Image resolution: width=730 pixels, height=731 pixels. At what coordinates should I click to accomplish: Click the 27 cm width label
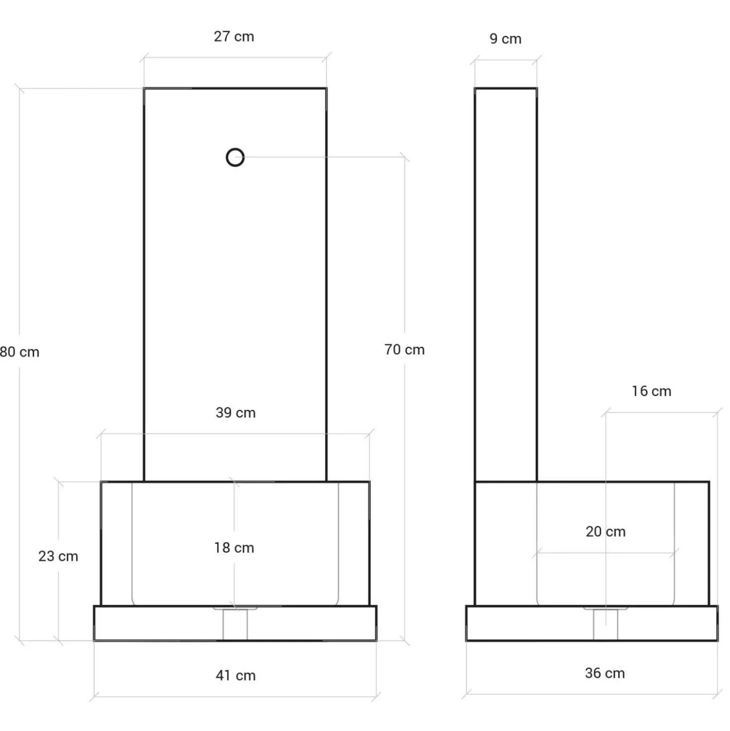[234, 37]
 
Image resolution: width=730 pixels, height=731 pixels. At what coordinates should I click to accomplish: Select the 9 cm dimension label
[506, 39]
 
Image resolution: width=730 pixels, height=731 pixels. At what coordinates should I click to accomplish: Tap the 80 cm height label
[19, 352]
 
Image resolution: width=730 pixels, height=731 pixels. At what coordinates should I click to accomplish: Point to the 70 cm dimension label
[404, 350]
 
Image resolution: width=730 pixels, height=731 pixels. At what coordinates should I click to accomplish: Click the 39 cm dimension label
[235, 413]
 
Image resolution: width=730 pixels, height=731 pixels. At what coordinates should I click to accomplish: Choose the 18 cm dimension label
[234, 548]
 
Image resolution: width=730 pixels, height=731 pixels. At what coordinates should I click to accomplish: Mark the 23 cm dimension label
[58, 556]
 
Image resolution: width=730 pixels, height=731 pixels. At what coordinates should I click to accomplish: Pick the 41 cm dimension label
[235, 676]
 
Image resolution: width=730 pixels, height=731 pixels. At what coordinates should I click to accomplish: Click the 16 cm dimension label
[652, 391]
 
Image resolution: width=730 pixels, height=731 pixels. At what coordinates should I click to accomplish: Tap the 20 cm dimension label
[606, 531]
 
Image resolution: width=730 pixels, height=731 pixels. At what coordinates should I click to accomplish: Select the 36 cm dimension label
[605, 673]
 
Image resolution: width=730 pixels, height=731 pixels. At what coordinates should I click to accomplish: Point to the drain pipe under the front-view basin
[235, 624]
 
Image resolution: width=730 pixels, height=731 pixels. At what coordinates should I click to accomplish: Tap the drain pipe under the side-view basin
[605, 624]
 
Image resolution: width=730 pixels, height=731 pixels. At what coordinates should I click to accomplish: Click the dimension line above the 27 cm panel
[235, 58]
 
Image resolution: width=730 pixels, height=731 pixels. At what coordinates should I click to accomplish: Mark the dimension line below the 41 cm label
[235, 697]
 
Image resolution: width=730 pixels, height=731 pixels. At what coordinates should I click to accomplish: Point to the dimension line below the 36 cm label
[591, 694]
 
